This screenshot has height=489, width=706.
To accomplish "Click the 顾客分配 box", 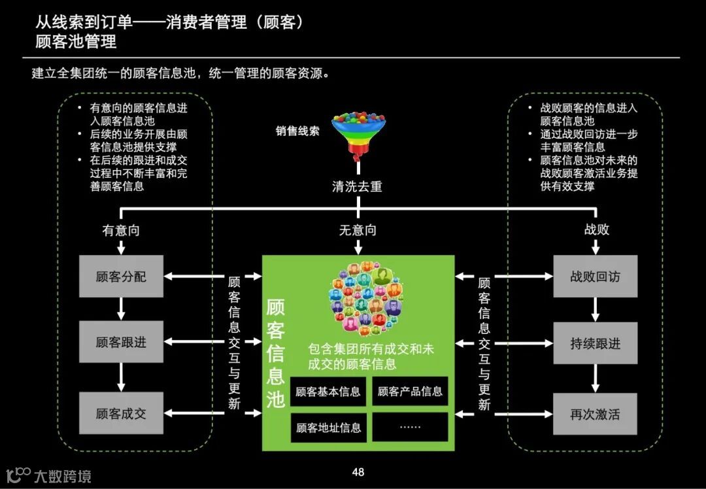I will (121, 277).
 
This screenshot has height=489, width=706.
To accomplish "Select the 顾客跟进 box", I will (121, 342).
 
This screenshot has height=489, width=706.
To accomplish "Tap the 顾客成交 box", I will (121, 413).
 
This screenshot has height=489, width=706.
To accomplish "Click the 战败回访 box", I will (595, 277).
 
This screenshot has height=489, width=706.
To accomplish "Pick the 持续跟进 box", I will (595, 343).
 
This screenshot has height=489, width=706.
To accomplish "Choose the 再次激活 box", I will (595, 414).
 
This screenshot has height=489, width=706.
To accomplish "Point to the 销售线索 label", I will (297, 131).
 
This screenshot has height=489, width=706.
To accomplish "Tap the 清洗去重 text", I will (357, 186).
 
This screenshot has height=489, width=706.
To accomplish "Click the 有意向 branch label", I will (121, 230).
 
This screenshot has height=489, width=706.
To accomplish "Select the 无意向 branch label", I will (358, 230).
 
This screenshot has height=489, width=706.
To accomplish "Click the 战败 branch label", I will (596, 230).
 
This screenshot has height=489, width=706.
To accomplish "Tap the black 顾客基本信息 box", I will (328, 392).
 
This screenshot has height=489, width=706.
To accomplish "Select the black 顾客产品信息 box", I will (411, 392).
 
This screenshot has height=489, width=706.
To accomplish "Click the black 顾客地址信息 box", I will (328, 428).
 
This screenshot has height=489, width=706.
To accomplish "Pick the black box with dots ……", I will (411, 427).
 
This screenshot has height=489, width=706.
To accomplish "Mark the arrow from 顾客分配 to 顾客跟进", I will (121, 309).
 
